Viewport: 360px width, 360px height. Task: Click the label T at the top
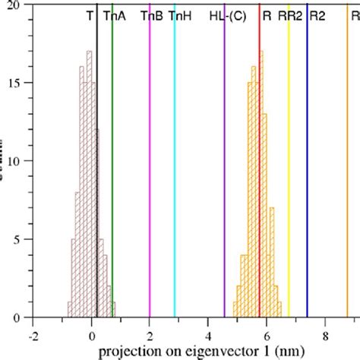[x=90, y=15]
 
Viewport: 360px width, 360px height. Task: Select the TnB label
[x=151, y=15]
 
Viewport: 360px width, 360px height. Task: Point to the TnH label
[x=180, y=15]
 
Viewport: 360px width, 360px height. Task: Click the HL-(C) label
[x=227, y=15]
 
